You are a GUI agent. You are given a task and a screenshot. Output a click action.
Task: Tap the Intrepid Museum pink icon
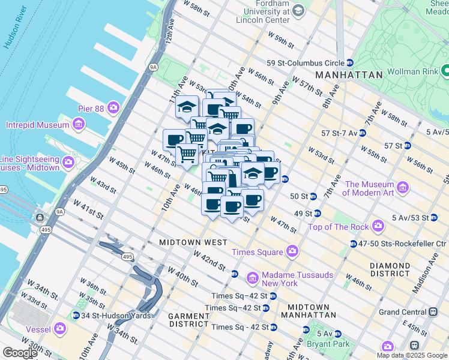pyautogui.click(x=78, y=125)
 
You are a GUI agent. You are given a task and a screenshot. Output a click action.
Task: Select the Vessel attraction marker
pyautogui.click(x=60, y=328)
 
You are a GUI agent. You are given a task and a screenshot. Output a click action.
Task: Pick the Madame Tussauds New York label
pyautogui.click(x=280, y=279)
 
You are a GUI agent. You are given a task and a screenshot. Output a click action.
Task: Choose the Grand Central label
pyautogui.click(x=406, y=312)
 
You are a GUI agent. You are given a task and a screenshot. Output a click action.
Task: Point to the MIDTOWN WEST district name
pyautogui.click(x=193, y=242)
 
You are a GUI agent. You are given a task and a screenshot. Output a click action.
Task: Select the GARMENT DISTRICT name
pyautogui.click(x=188, y=320)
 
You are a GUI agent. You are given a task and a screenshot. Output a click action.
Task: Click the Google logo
pyautogui.click(x=20, y=353)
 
